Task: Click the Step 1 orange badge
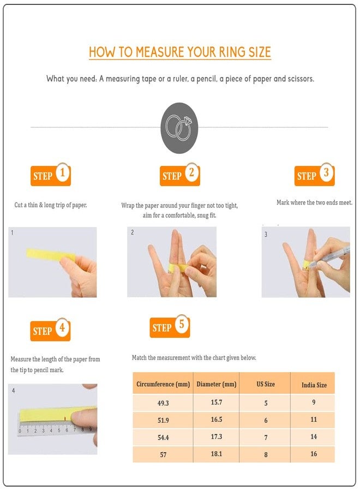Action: pos(51,175)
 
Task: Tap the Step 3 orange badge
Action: pos(314,175)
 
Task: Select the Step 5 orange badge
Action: pos(170,326)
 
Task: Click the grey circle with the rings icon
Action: pos(179,128)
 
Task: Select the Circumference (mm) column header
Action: pos(163,384)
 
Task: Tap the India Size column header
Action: pos(314,385)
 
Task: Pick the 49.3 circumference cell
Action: pos(163,403)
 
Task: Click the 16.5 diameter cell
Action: pos(217,420)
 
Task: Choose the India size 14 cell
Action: pos(314,436)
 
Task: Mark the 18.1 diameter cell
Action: pos(217,454)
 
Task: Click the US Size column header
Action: pos(266,384)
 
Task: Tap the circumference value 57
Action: pos(163,454)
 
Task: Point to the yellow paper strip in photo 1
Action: pos(50,255)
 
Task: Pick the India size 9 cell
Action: pos(314,402)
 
